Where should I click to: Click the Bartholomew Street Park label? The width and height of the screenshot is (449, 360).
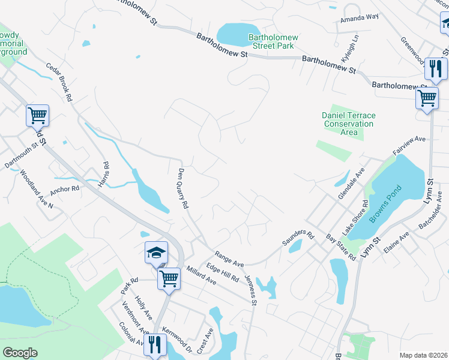(273, 42)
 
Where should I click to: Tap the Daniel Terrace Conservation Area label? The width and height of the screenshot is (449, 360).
(348, 119)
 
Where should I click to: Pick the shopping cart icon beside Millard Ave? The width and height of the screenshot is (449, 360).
(169, 278)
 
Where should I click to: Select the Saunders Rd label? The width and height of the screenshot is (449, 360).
(298, 238)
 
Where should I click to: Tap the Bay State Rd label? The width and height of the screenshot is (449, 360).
(341, 247)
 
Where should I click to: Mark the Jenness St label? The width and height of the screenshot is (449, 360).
(250, 290)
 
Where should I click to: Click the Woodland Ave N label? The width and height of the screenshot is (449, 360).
(37, 190)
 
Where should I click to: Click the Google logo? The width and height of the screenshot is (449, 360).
(20, 353)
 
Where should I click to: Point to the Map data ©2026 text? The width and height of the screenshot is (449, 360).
(423, 355)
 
